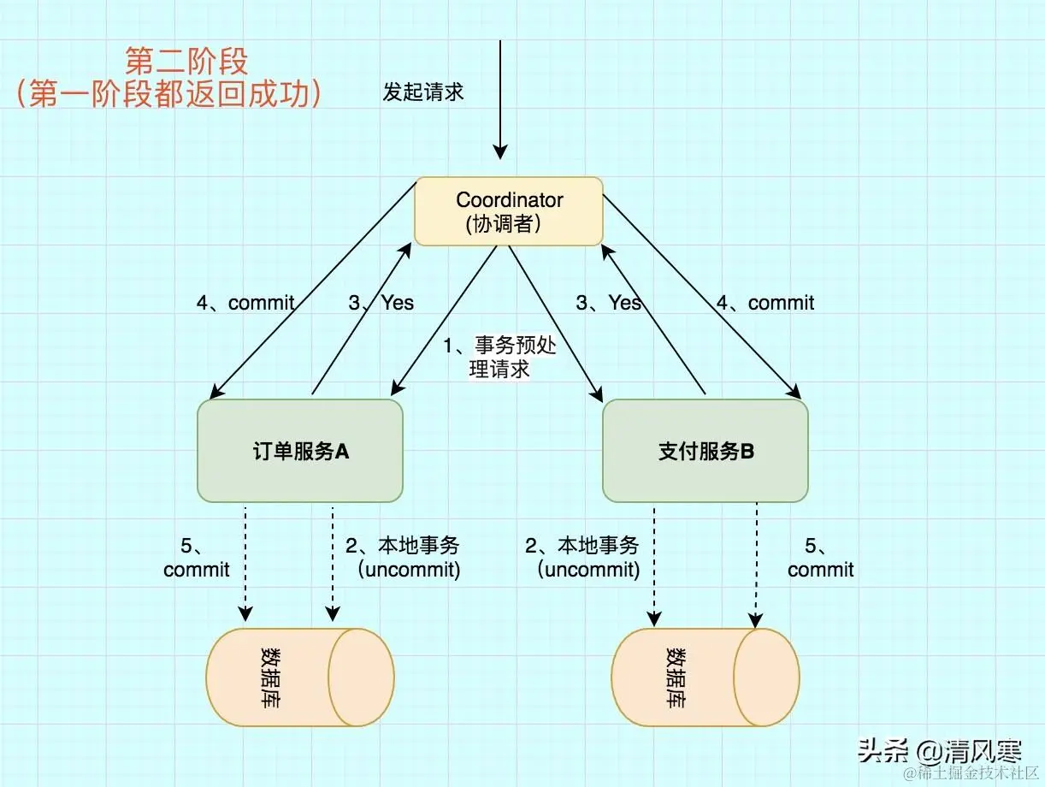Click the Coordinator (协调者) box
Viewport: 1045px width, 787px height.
[509, 211]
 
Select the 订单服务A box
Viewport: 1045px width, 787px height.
[300, 451]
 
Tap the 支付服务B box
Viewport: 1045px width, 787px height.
[706, 451]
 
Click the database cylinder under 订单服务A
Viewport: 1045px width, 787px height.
[300, 678]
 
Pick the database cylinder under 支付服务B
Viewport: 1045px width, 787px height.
[706, 678]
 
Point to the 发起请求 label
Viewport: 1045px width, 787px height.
[423, 92]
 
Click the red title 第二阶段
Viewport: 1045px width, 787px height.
[186, 62]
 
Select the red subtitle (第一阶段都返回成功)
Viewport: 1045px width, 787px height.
[168, 94]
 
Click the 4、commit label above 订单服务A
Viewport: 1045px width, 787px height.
[245, 303]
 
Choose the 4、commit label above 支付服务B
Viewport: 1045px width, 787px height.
[765, 303]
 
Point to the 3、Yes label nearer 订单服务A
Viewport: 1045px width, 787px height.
[381, 303]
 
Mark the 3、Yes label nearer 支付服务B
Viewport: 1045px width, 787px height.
[609, 303]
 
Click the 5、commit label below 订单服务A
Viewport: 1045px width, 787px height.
[197, 558]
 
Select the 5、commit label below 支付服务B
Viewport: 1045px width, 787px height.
[821, 558]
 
